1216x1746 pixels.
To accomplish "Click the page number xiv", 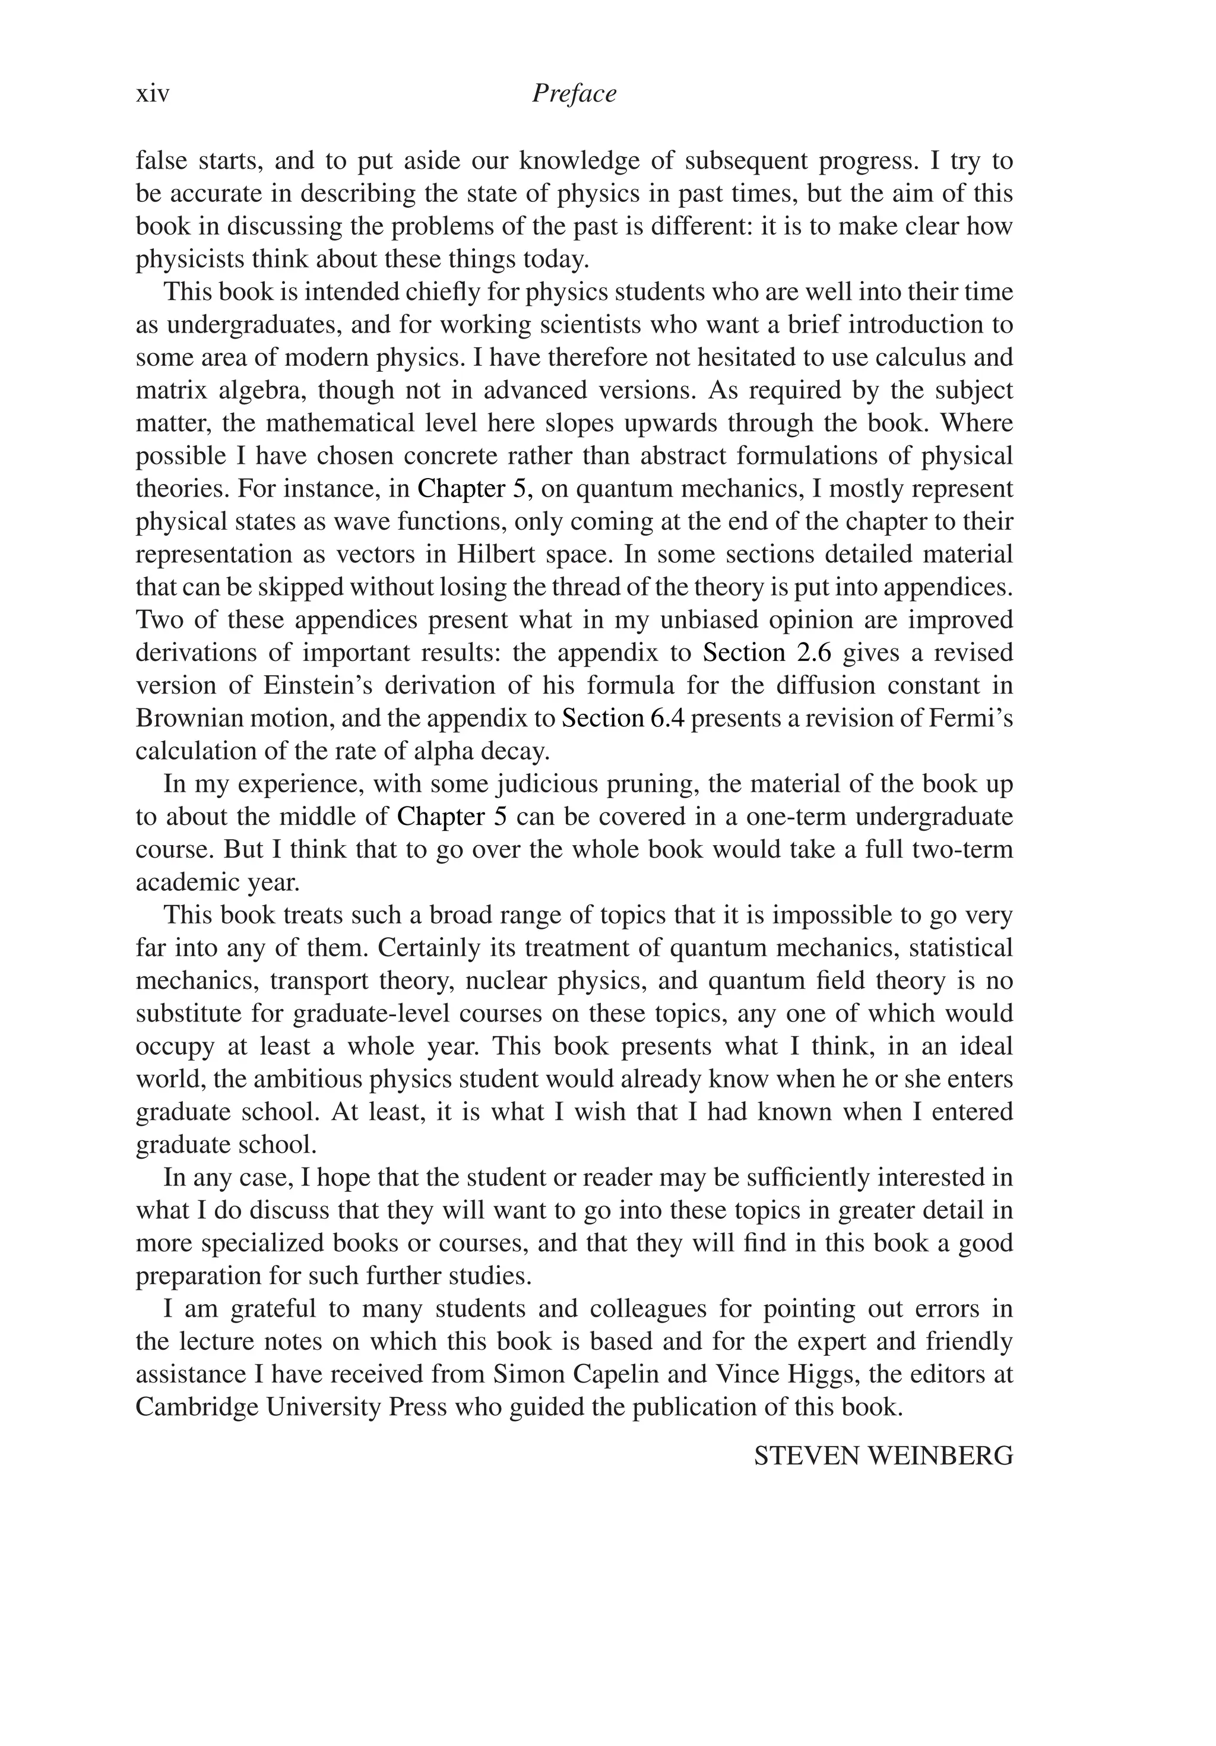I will (152, 94).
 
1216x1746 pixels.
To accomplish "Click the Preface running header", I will (574, 94).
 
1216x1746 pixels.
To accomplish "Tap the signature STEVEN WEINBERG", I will (883, 1456).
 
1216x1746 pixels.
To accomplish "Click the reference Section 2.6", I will (766, 653).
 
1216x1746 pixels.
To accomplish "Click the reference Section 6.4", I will (623, 718).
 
